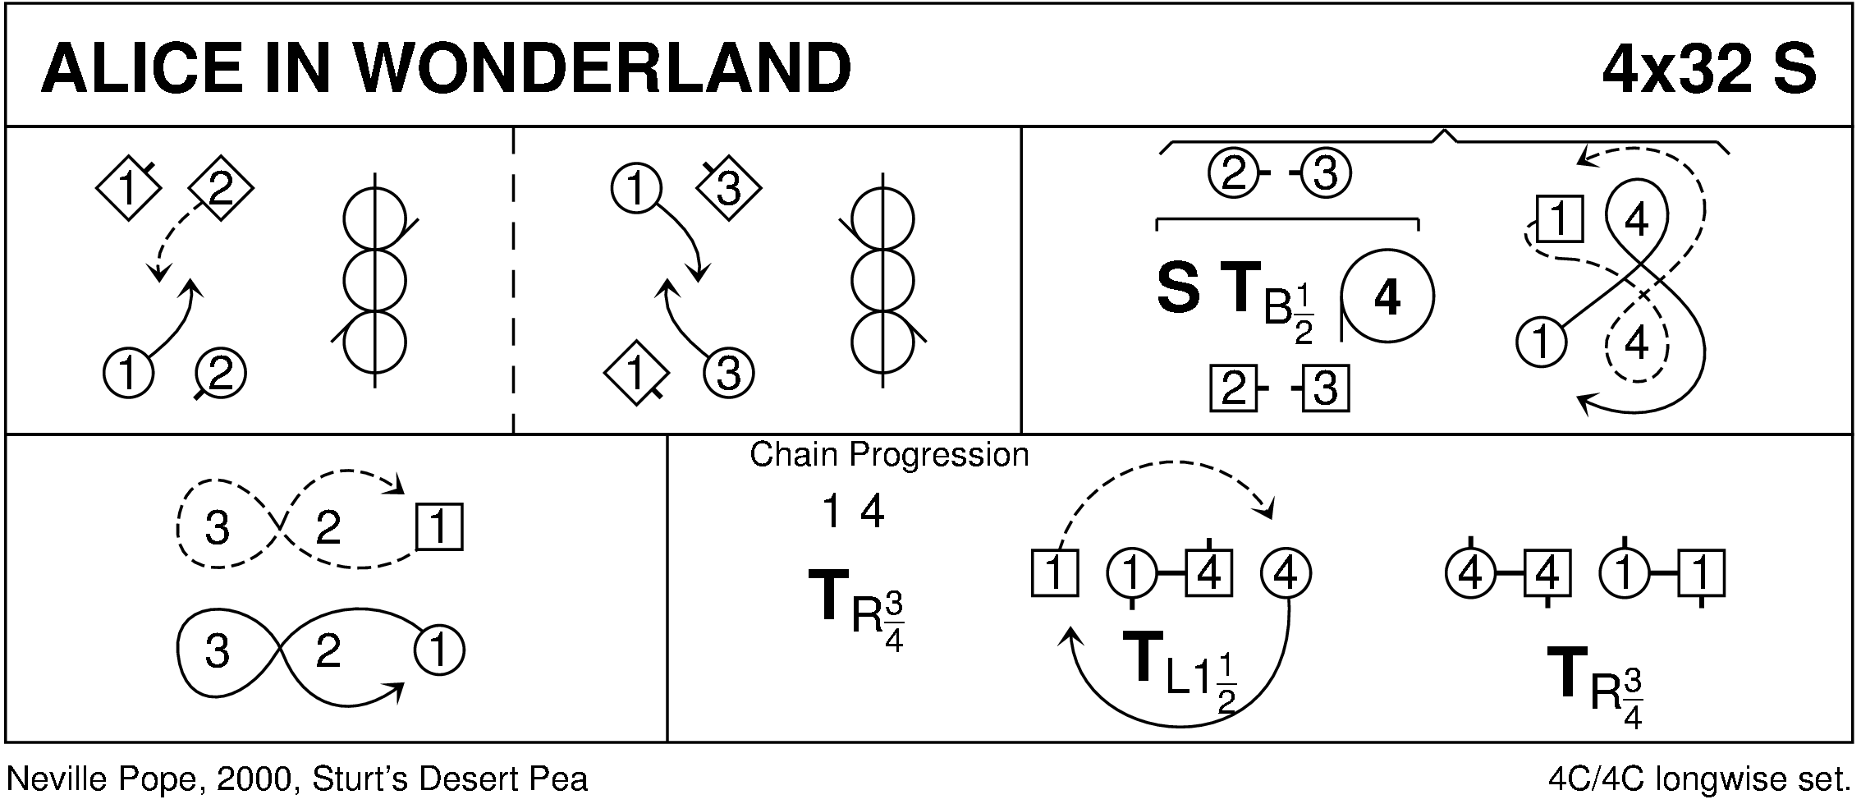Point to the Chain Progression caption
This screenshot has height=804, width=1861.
tap(889, 454)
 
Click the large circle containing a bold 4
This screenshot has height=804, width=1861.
tap(1387, 296)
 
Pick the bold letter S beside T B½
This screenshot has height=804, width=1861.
tap(1177, 289)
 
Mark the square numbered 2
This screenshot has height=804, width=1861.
tap(1234, 389)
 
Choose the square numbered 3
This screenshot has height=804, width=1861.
tap(1326, 389)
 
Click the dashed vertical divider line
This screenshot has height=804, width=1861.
tap(513, 279)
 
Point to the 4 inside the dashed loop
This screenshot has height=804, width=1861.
tap(1636, 343)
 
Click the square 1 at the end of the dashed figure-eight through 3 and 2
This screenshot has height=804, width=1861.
tap(439, 526)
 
